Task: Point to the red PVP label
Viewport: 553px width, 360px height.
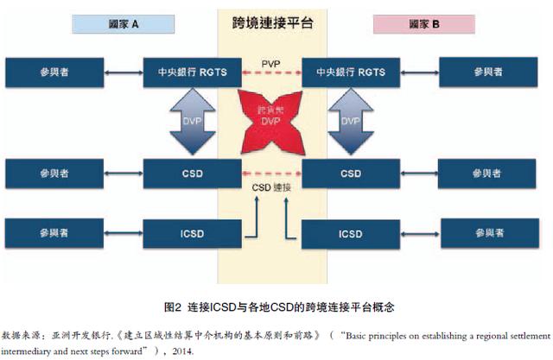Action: coord(271,62)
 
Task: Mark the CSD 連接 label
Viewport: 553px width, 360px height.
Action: coord(270,186)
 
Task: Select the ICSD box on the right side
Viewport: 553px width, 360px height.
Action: coord(350,234)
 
